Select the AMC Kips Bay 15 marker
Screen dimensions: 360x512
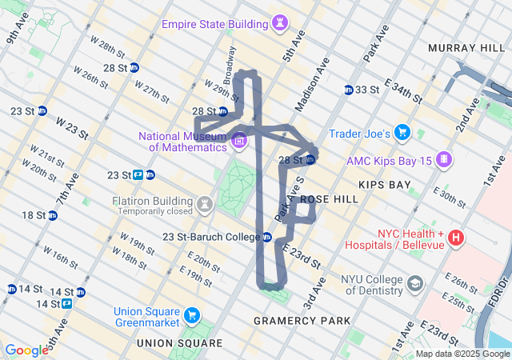[443, 160]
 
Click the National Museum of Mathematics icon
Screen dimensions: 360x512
[238, 142]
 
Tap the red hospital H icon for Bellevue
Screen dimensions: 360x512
[456, 237]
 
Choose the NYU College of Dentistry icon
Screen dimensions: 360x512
[416, 283]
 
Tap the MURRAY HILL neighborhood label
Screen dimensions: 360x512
[465, 49]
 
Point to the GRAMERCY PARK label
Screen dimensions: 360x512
[302, 321]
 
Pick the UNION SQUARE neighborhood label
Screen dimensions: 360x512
[179, 342]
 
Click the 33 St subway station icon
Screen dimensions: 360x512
[348, 90]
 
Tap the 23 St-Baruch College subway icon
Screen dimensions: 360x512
[267, 237]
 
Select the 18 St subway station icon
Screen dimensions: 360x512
[52, 215]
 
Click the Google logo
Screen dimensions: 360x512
[26, 350]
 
